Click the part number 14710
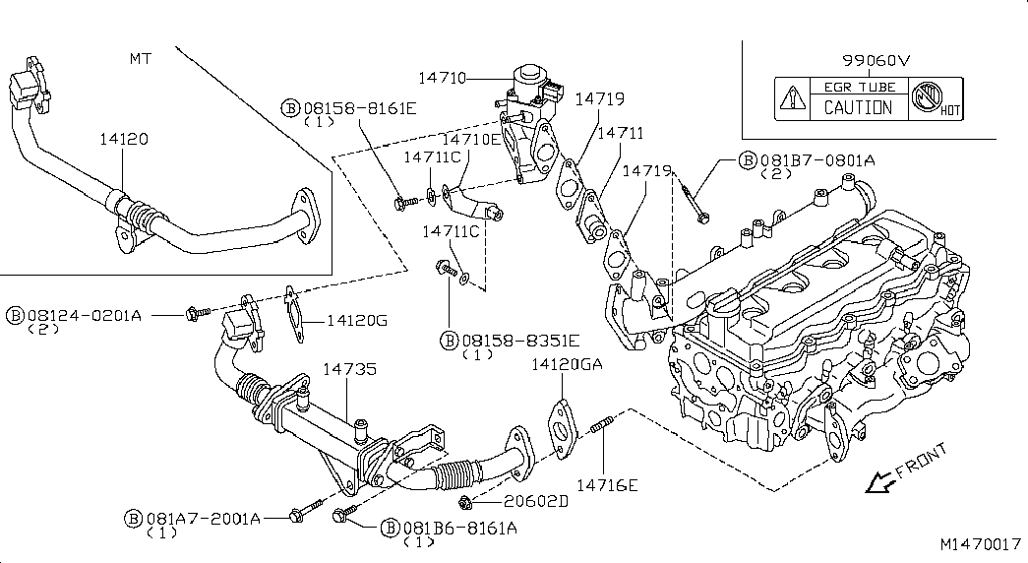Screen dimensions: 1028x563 [x=442, y=78]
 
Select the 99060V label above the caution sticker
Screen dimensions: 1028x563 [x=877, y=60]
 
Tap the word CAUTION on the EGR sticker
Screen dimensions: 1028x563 [x=858, y=107]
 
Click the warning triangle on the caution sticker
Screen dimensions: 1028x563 [x=793, y=99]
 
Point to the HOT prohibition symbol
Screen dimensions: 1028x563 [x=929, y=98]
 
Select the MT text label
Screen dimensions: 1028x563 [x=141, y=59]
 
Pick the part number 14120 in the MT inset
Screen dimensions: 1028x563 [x=124, y=139]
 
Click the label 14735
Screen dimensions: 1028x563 [x=349, y=369]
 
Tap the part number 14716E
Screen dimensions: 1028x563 [x=607, y=485]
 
